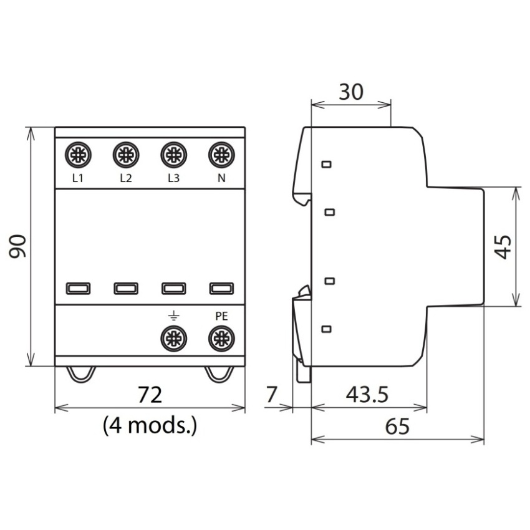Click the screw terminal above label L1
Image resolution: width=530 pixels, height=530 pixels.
[78, 155]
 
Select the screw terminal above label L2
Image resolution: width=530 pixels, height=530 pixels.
[126, 155]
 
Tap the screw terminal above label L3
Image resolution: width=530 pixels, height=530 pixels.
[174, 155]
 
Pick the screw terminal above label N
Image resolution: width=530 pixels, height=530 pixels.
[222, 155]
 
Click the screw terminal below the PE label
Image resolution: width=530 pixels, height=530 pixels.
[222, 339]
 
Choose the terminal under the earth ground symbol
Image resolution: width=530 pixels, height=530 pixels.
[174, 339]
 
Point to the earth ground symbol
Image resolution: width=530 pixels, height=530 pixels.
[174, 316]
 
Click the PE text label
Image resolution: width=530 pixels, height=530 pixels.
[222, 316]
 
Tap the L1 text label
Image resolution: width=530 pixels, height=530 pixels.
[78, 178]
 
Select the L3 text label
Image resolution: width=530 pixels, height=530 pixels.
[174, 178]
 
